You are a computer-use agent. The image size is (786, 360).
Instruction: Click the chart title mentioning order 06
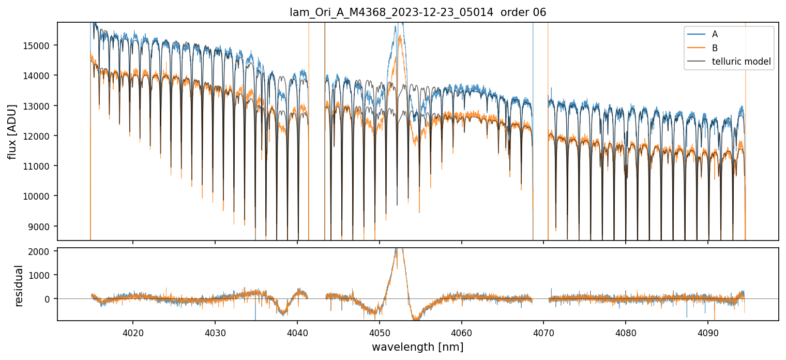coord(418,12)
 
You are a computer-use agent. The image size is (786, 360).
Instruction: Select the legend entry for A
coord(715,34)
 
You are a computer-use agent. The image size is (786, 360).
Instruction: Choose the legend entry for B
coord(715,48)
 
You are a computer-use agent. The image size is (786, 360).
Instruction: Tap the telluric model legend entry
coord(741,62)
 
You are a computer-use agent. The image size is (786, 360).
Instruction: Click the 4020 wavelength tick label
coord(133,333)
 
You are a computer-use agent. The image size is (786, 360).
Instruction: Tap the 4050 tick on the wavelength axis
coord(379,333)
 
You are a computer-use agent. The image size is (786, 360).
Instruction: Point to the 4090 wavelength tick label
coord(707,333)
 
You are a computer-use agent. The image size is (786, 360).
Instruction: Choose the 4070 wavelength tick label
coord(543,333)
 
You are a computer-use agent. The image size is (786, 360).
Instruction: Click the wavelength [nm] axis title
coord(417,347)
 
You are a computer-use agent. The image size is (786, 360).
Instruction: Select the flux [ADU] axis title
coord(12,131)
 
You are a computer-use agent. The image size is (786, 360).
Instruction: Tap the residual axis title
coord(19,286)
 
